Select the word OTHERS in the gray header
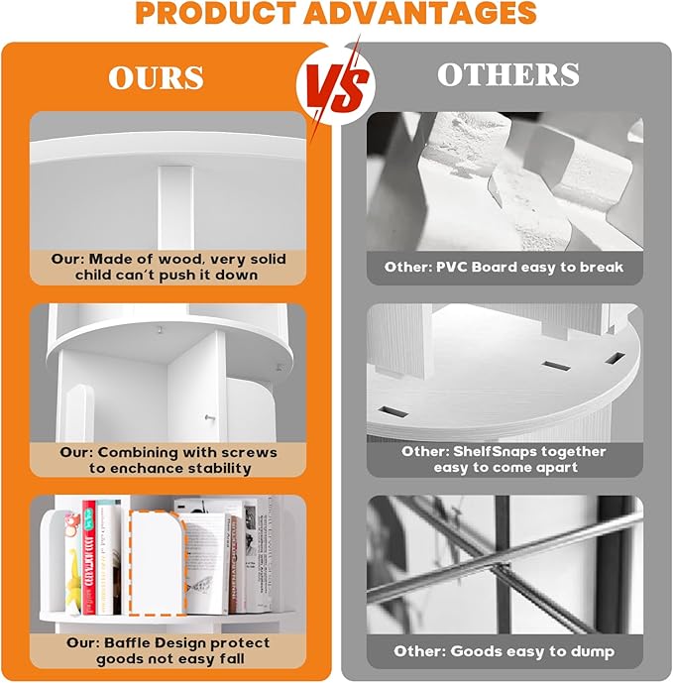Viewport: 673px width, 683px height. (x=507, y=74)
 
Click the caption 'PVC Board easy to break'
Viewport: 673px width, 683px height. (x=505, y=267)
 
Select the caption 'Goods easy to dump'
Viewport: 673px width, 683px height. (x=505, y=651)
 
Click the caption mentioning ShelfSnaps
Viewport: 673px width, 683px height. (x=505, y=459)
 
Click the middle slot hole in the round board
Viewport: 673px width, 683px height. (x=554, y=365)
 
